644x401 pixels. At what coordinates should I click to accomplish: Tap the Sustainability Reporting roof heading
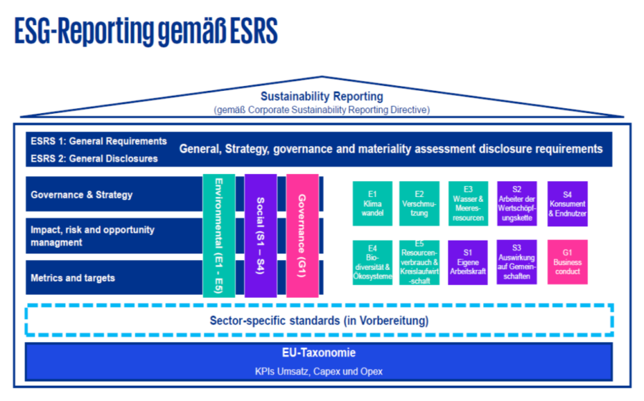pos(321,97)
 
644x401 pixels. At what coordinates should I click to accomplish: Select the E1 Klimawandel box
pos(372,203)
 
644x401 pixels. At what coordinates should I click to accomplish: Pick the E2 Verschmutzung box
pos(420,203)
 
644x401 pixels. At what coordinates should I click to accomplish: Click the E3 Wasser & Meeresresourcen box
pos(469,203)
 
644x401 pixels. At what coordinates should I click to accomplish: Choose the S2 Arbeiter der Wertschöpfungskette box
pos(517,203)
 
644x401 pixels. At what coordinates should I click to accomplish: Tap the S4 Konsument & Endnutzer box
pos(567,203)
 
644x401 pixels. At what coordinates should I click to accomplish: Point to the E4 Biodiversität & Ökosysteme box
pos(372,263)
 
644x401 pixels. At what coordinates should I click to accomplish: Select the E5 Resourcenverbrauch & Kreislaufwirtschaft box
pos(420,263)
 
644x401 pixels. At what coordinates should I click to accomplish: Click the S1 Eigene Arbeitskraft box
pos(469,263)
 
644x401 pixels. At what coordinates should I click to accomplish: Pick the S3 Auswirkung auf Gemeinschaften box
pos(517,263)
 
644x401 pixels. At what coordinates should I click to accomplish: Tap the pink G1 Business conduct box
pos(567,263)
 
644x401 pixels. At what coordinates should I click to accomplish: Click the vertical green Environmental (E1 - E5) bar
pos(219,234)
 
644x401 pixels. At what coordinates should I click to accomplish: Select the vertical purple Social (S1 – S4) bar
pos(260,234)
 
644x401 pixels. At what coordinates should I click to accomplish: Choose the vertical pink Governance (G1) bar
pos(302,234)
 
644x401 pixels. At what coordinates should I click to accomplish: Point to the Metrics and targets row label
pos(72,278)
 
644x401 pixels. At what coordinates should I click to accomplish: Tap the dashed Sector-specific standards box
pos(319,320)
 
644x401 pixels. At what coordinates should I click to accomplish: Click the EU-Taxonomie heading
pos(319,353)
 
